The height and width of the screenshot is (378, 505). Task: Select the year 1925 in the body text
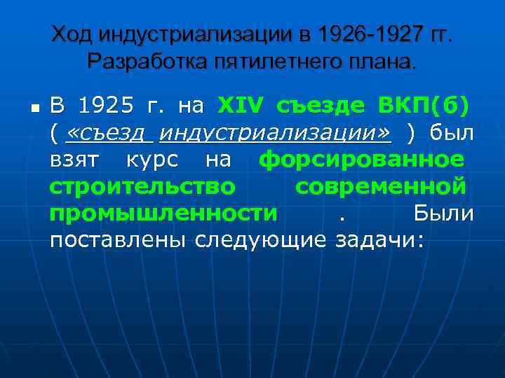click(104, 106)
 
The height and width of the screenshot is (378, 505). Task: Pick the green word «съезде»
click(321, 106)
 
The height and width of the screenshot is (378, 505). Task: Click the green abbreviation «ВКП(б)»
click(424, 106)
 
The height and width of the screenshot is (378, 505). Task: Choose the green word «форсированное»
click(361, 160)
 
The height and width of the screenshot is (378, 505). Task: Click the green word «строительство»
click(142, 187)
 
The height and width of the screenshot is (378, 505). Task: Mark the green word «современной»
click(380, 187)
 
